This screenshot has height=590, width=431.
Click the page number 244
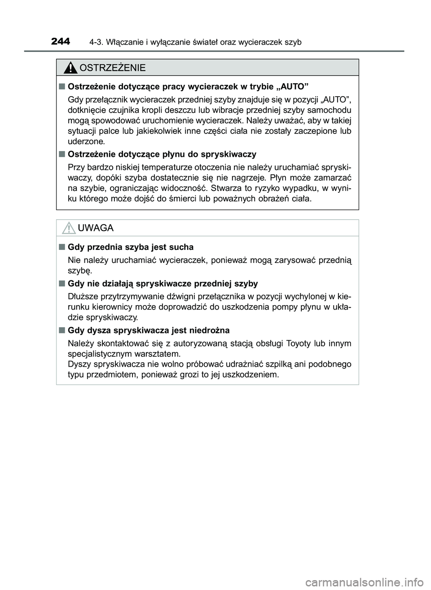click(x=61, y=42)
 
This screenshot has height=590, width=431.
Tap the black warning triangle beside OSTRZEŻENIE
click(x=70, y=68)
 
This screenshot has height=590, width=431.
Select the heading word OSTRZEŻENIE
click(x=112, y=68)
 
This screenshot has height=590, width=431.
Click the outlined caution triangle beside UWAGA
click(x=69, y=228)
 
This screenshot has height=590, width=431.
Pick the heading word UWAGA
click(x=96, y=228)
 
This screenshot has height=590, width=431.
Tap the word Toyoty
click(x=296, y=344)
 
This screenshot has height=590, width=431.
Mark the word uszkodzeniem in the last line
click(x=249, y=374)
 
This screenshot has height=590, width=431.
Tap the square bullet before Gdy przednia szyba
click(x=61, y=247)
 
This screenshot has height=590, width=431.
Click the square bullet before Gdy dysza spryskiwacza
click(x=61, y=330)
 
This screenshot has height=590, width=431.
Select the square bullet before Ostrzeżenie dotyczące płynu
click(x=61, y=154)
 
